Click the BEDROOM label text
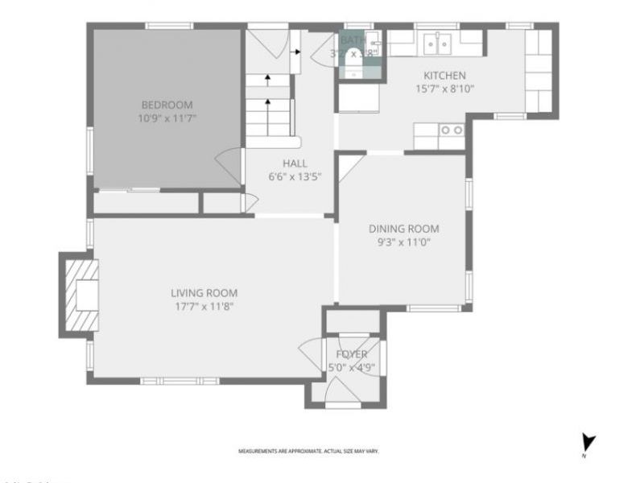[167, 105]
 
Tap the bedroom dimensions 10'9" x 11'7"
[167, 118]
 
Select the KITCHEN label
[440, 76]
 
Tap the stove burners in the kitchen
[451, 130]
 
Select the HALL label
[295, 163]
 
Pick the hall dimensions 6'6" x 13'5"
[295, 176]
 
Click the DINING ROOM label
[403, 229]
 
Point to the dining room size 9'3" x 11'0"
[403, 242]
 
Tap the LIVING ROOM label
[204, 293]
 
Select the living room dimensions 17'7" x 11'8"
[204, 306]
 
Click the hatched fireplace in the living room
[83, 295]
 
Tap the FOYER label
[352, 354]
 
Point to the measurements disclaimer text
[308, 452]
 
